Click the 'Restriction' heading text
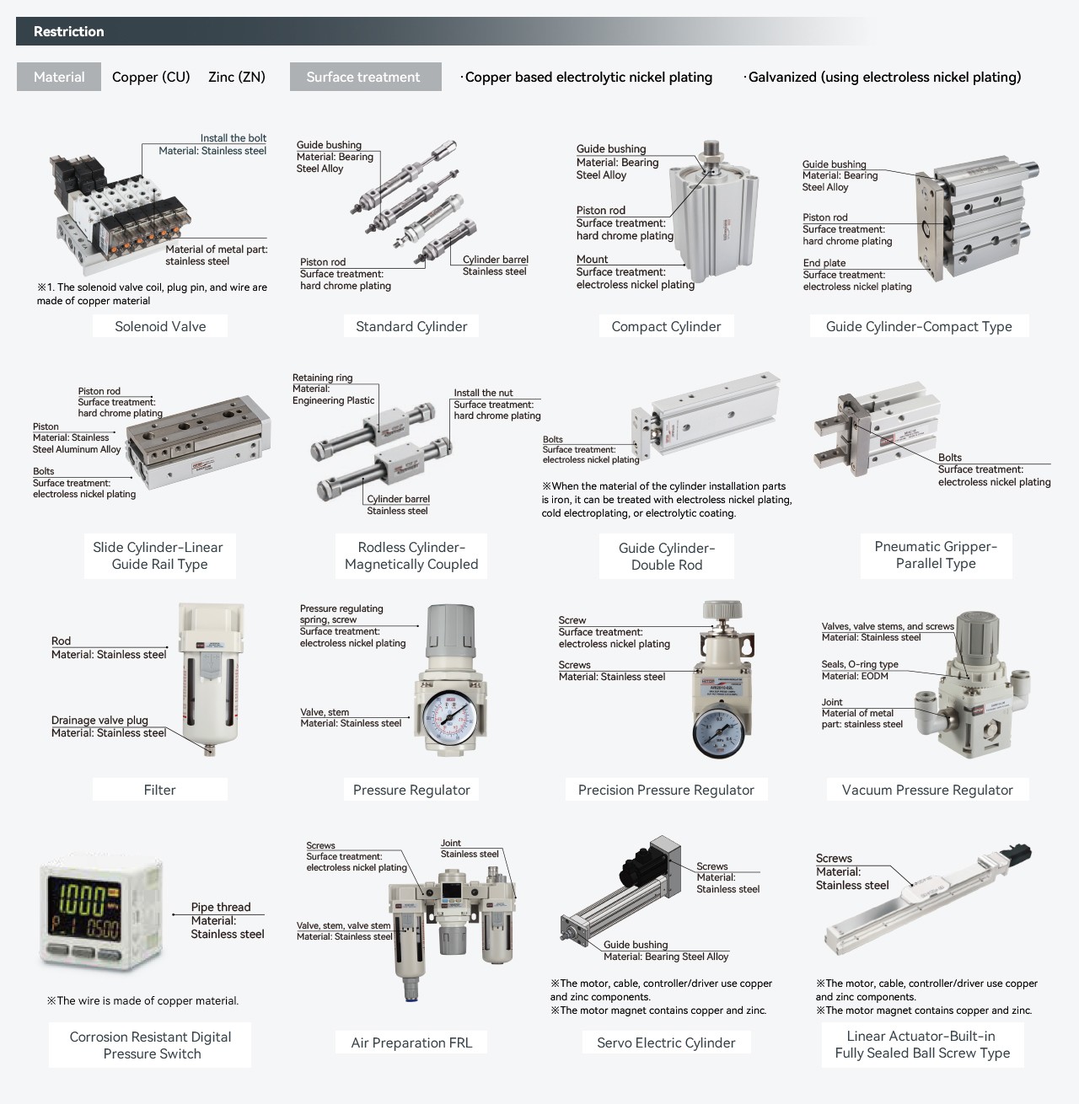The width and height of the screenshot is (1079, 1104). (68, 31)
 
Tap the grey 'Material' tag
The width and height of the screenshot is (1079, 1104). (59, 77)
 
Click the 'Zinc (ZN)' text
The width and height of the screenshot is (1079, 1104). (237, 77)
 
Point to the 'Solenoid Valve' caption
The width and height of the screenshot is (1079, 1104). (160, 326)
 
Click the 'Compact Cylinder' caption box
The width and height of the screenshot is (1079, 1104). (666, 326)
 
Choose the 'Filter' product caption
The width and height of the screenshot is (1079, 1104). (160, 790)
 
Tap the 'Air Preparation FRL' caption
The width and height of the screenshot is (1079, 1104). (411, 1042)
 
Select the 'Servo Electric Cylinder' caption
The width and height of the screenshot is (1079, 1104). (666, 1042)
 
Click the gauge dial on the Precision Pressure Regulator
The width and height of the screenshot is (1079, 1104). (720, 733)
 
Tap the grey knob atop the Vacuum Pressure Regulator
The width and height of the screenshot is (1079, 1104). (977, 634)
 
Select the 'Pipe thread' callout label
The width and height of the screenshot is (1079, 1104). (221, 907)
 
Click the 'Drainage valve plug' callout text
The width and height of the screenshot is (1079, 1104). (99, 720)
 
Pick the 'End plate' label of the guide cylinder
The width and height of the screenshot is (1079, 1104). (824, 263)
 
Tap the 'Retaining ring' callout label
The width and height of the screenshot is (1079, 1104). (322, 378)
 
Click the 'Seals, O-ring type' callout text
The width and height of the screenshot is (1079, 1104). (860, 664)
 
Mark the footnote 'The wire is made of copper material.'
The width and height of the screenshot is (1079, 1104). (142, 1000)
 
